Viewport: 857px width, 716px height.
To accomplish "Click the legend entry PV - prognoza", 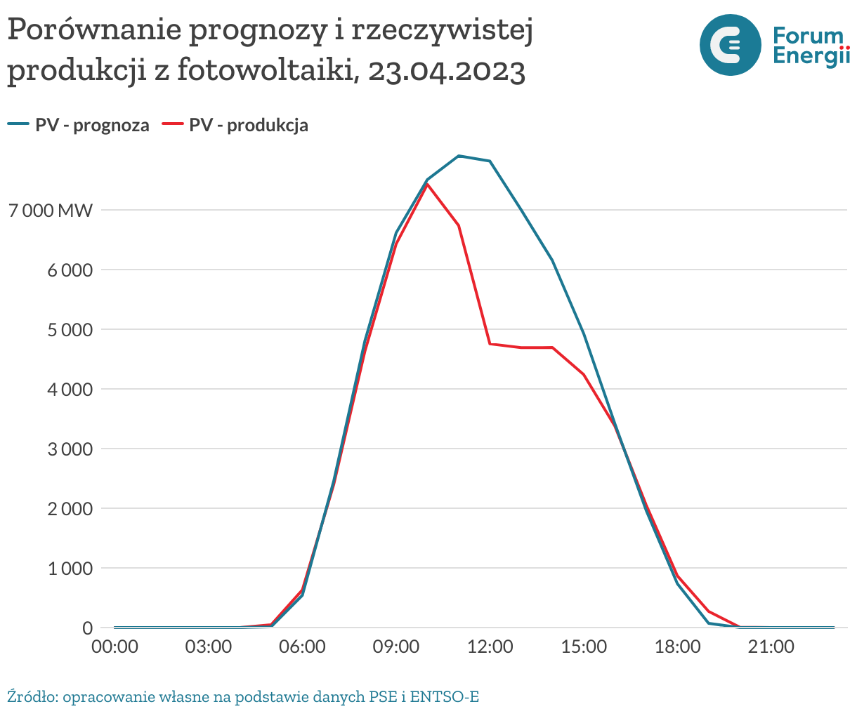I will [x=79, y=125].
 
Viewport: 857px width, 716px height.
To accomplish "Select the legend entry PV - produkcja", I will [x=235, y=125].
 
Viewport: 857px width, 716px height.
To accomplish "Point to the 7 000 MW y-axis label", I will [x=51, y=210].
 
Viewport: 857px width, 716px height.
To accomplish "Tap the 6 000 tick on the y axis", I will [x=69, y=270].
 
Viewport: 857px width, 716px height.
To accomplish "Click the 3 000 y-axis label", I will [x=69, y=449].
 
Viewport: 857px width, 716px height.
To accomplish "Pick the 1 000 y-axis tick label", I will [x=69, y=568].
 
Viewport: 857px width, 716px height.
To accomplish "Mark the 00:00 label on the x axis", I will [x=115, y=647].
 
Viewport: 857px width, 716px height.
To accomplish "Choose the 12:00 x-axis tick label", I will [x=490, y=647].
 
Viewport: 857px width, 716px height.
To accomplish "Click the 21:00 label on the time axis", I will [x=771, y=647].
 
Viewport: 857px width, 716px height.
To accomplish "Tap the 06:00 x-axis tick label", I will [x=302, y=647].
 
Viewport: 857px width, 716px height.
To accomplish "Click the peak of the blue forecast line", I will [x=459, y=156].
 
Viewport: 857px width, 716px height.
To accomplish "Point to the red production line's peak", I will [x=427, y=185].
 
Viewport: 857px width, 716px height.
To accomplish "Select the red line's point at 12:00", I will [x=490, y=344].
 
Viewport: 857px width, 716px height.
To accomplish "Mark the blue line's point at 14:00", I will [x=553, y=261].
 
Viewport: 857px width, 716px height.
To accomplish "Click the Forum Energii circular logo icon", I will [x=730, y=45].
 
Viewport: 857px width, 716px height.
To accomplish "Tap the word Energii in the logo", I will [x=811, y=56].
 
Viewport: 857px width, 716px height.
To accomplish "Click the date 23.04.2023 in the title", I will [x=446, y=71].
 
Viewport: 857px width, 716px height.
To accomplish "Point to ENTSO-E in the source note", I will [x=445, y=697].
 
